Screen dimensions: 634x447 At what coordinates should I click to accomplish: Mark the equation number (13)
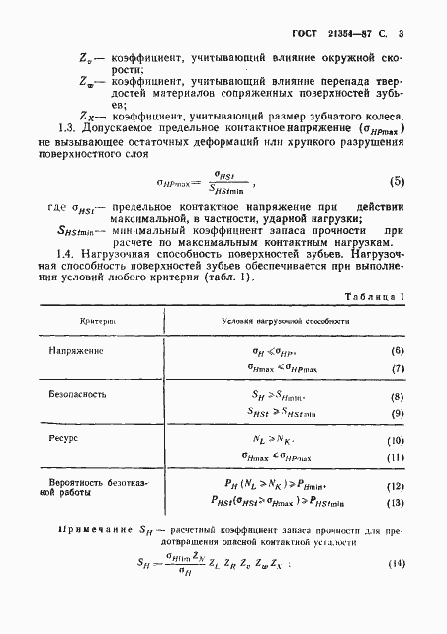398,502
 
